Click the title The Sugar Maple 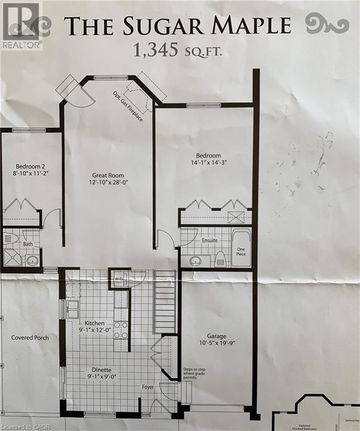[177, 26]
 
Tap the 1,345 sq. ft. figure [177, 51]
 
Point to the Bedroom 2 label [30, 167]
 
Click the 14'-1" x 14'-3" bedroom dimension [208, 162]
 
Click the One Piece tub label [242, 253]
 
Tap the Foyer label [147, 387]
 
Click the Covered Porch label [30, 338]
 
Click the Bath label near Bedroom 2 [29, 244]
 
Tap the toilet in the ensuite [220, 258]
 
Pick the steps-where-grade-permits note [196, 373]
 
